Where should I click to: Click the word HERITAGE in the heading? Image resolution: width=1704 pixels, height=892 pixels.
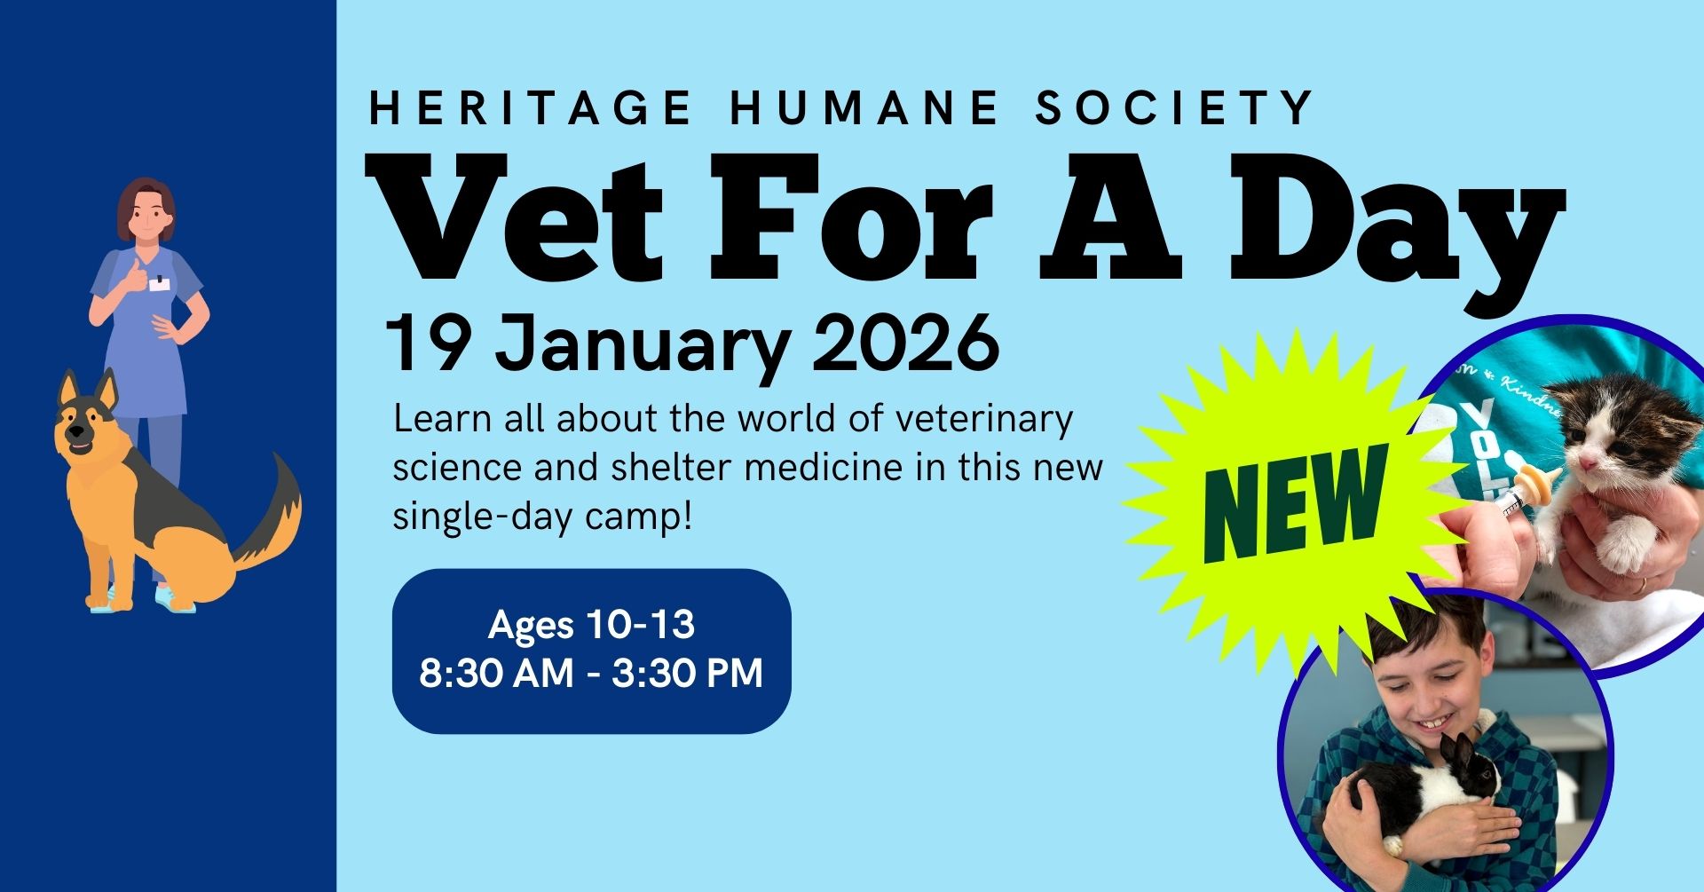(530, 108)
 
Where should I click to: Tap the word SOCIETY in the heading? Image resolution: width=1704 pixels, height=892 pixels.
(1174, 108)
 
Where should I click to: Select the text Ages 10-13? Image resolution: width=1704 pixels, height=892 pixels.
(591, 625)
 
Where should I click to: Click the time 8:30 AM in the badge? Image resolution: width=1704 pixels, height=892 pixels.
(496, 673)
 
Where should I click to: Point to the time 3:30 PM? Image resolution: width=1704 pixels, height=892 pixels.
(688, 673)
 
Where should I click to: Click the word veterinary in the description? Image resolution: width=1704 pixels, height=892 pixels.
(983, 420)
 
